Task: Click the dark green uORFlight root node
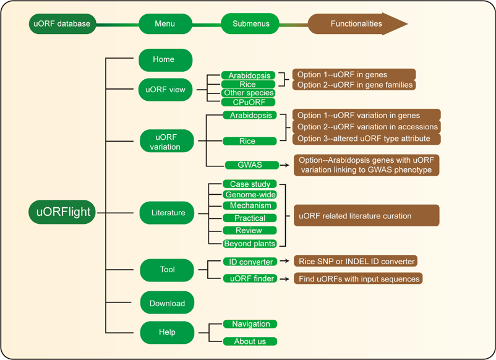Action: click(x=62, y=212)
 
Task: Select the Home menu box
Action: click(x=166, y=60)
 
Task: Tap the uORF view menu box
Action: click(x=166, y=90)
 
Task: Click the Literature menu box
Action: click(x=167, y=213)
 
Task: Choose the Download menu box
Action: click(x=167, y=302)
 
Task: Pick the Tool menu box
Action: click(x=167, y=270)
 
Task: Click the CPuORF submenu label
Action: click(x=249, y=102)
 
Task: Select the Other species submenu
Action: click(x=249, y=93)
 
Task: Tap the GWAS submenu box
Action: click(x=252, y=165)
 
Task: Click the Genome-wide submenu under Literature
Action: click(x=250, y=195)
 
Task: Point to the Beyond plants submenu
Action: click(x=250, y=244)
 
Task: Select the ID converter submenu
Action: click(x=250, y=262)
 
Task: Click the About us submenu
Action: click(x=250, y=341)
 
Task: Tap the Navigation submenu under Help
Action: click(x=250, y=324)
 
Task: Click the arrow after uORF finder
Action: click(x=284, y=279)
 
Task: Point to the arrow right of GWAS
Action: click(x=284, y=165)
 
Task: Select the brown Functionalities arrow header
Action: click(x=357, y=24)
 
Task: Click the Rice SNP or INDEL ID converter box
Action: click(x=356, y=261)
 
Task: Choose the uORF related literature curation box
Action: click(x=367, y=215)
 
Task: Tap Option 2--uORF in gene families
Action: click(x=354, y=85)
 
